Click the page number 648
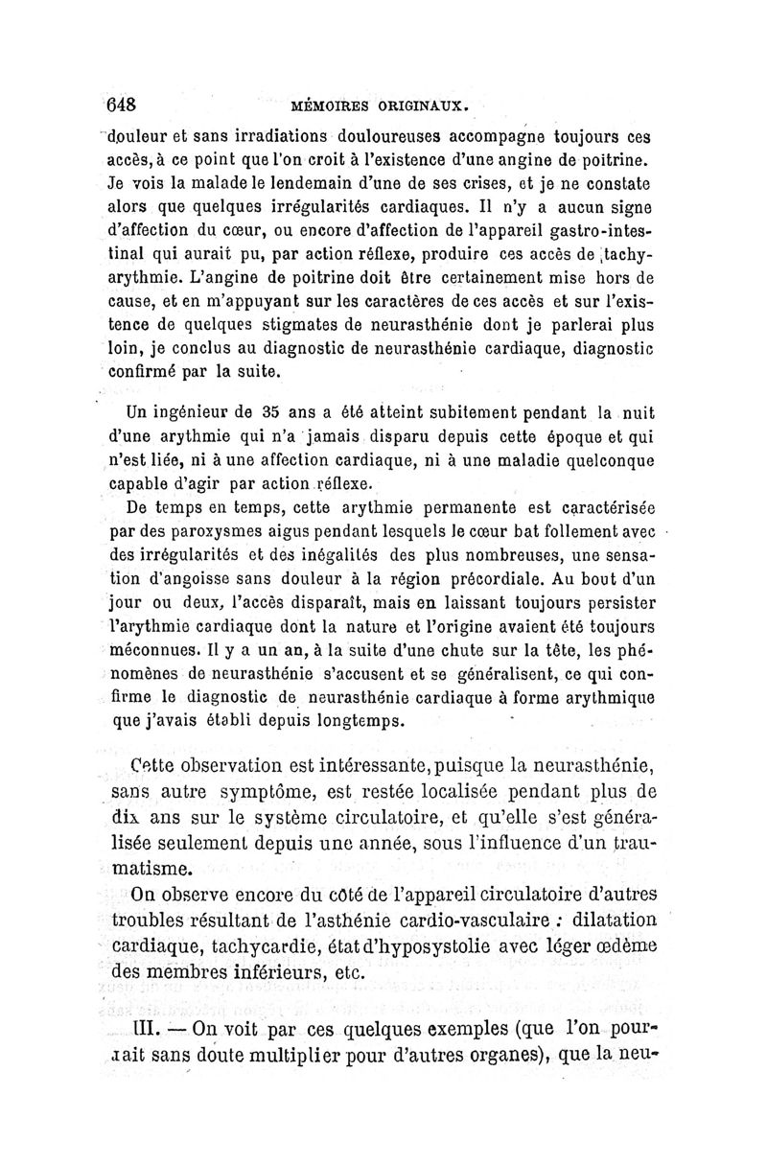(x=125, y=103)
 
